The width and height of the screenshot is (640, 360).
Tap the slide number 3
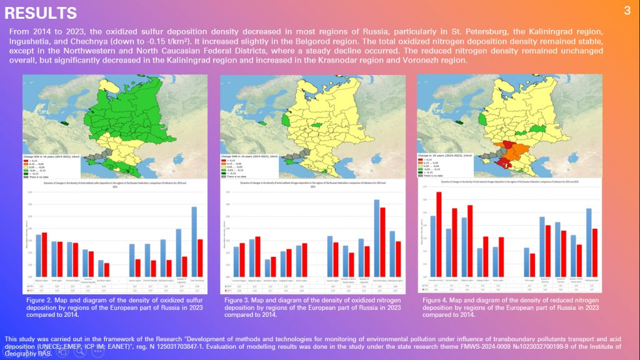pyautogui.click(x=627, y=11)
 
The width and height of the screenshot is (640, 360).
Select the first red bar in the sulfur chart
pyautogui.click(x=44, y=254)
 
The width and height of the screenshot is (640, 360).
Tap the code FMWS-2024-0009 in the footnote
pyautogui.click(x=427, y=346)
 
